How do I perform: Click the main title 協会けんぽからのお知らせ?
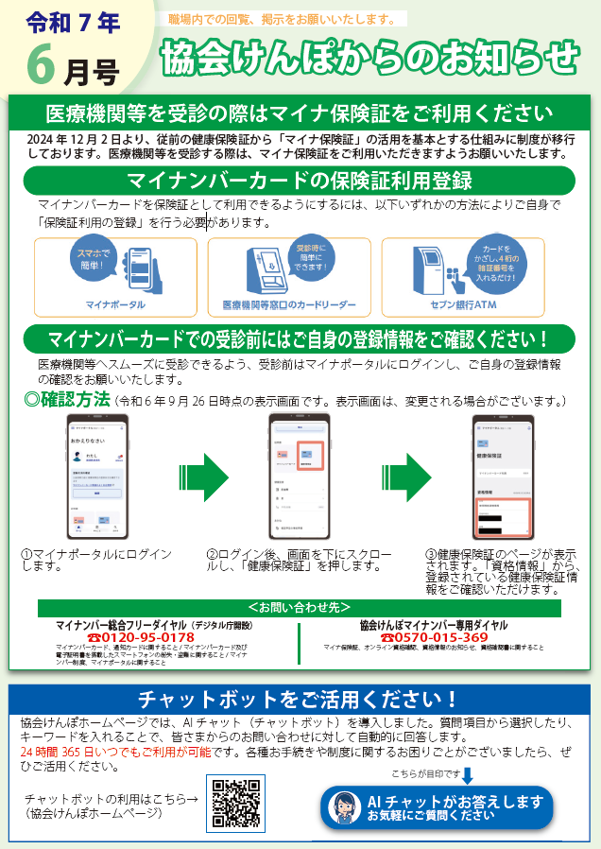(x=369, y=59)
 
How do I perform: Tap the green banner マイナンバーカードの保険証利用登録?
(x=300, y=180)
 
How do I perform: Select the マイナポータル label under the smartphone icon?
(x=115, y=304)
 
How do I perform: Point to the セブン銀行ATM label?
(x=463, y=304)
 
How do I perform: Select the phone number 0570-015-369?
(x=433, y=637)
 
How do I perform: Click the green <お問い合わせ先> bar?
(x=299, y=607)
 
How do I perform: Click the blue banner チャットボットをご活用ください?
(x=299, y=700)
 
